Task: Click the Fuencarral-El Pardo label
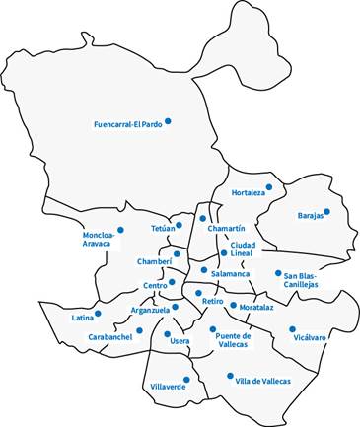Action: (x=126, y=125)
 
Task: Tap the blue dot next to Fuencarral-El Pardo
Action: (x=169, y=121)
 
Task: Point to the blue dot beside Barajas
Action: (x=327, y=211)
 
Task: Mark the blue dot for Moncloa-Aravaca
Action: (x=120, y=231)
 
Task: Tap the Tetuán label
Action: (x=163, y=229)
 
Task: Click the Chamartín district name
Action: (x=226, y=229)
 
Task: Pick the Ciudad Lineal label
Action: (x=242, y=249)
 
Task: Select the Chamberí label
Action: (x=155, y=262)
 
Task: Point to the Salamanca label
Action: (x=231, y=273)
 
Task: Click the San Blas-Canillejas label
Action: (x=295, y=279)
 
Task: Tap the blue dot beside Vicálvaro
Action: (x=292, y=329)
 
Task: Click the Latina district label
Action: (x=83, y=319)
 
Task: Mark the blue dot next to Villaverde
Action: (x=185, y=380)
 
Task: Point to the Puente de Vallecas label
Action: (x=232, y=341)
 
